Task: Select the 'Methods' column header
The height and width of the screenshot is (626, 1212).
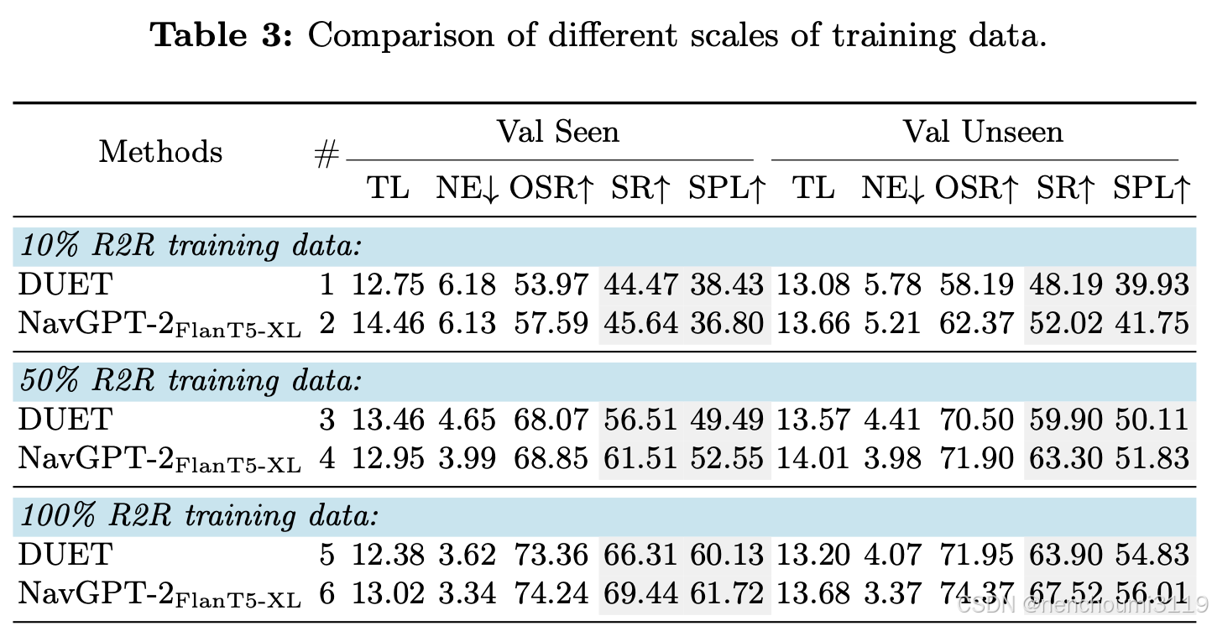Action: pyautogui.click(x=161, y=153)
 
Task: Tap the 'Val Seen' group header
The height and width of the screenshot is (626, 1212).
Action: pyautogui.click(x=557, y=132)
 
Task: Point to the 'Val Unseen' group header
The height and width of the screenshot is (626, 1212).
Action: pyautogui.click(x=982, y=132)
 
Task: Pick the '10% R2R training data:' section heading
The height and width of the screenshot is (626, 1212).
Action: pyautogui.click(x=190, y=246)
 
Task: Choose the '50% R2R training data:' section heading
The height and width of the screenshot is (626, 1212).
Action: pyautogui.click(x=190, y=381)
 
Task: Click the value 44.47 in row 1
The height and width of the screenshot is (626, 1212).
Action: pyautogui.click(x=640, y=285)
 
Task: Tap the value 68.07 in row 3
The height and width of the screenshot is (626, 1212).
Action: pyautogui.click(x=549, y=420)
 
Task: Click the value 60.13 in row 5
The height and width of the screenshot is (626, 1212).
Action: pyautogui.click(x=727, y=555)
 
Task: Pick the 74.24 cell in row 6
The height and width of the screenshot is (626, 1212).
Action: pyautogui.click(x=549, y=594)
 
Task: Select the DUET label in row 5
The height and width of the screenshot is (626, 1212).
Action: pyautogui.click(x=65, y=555)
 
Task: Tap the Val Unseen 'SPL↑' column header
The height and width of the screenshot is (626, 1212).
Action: pyautogui.click(x=1152, y=190)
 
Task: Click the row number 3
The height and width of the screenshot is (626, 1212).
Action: pyautogui.click(x=327, y=420)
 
